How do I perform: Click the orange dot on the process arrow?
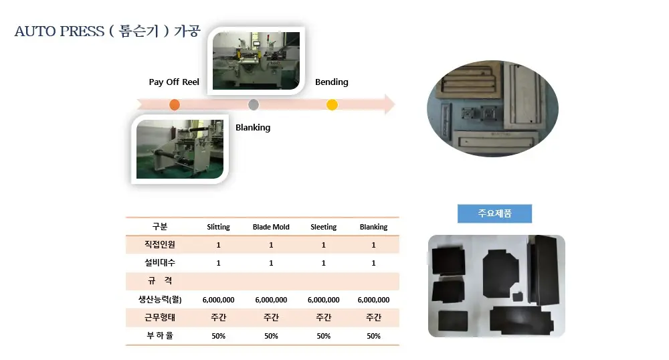[175, 104]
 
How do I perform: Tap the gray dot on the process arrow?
[254, 104]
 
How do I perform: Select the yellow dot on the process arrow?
[332, 104]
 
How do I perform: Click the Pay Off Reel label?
[174, 82]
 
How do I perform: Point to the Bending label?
[332, 82]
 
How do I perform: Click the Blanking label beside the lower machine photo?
[253, 128]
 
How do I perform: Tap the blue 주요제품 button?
[494, 213]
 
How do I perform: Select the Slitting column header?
[219, 227]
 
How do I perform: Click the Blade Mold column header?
[271, 227]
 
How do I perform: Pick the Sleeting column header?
[323, 227]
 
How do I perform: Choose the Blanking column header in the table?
[373, 227]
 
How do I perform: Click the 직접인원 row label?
[160, 244]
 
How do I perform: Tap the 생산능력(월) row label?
[160, 299]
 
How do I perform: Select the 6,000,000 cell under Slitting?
[219, 300]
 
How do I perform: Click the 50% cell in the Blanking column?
[373, 336]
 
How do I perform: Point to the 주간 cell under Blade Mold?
[271, 317]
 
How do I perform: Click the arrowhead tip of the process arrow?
[395, 104]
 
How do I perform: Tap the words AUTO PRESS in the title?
[60, 31]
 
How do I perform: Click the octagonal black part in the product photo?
[501, 274]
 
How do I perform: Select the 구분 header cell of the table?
[160, 226]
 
